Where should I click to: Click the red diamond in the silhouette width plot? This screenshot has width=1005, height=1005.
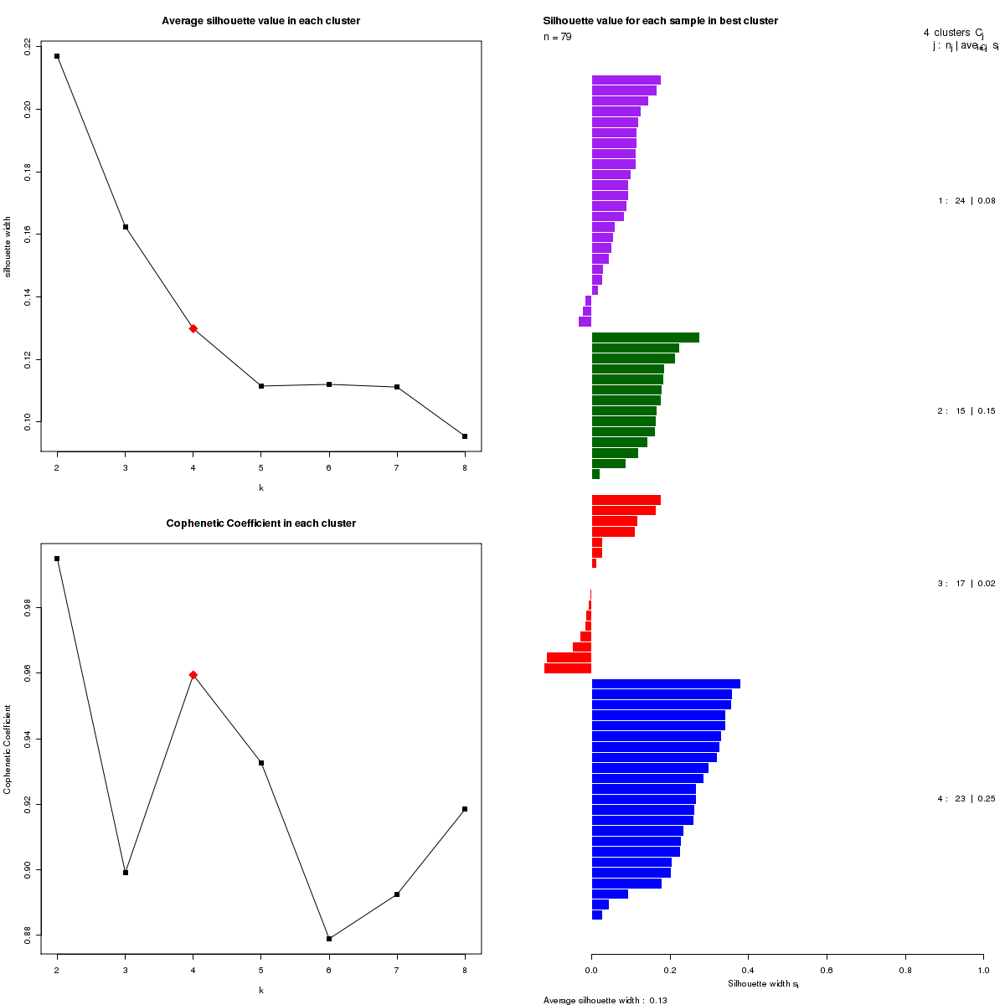[x=193, y=328]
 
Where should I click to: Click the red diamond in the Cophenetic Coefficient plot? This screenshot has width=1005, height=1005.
[x=193, y=675]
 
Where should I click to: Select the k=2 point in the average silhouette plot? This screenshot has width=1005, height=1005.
[x=57, y=56]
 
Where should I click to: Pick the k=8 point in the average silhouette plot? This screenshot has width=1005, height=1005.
[x=465, y=436]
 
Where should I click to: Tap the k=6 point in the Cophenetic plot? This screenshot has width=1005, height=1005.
[x=329, y=939]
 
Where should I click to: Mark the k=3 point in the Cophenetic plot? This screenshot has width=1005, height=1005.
[x=126, y=873]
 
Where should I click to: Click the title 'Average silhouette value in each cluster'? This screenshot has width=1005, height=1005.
[x=260, y=21]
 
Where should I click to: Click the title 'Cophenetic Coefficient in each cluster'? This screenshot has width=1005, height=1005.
[x=260, y=523]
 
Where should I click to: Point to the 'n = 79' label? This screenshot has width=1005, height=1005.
[x=558, y=37]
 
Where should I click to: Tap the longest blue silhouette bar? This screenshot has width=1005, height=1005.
[x=666, y=684]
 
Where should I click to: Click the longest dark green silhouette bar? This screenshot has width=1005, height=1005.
[x=645, y=338]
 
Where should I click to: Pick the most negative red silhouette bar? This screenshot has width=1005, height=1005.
[x=568, y=668]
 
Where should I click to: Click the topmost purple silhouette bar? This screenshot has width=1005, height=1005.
[x=626, y=80]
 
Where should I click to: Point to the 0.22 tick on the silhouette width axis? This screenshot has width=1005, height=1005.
[x=28, y=46]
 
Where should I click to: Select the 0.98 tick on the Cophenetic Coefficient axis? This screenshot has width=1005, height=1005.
[x=28, y=608]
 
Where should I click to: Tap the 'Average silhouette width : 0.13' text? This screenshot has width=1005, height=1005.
[x=605, y=1000]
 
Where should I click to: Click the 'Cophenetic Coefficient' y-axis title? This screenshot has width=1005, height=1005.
[x=8, y=750]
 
